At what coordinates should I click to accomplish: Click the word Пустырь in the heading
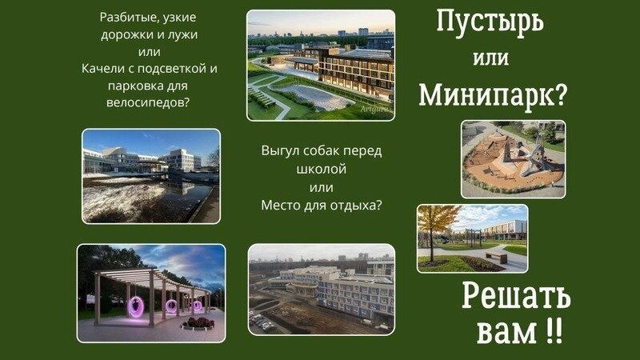pyautogui.click(x=490, y=22)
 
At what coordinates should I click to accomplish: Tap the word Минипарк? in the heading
pyautogui.click(x=493, y=95)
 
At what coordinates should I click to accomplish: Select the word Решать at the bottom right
pyautogui.click(x=516, y=297)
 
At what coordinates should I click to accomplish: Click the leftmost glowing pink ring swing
pyautogui.click(x=136, y=306)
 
